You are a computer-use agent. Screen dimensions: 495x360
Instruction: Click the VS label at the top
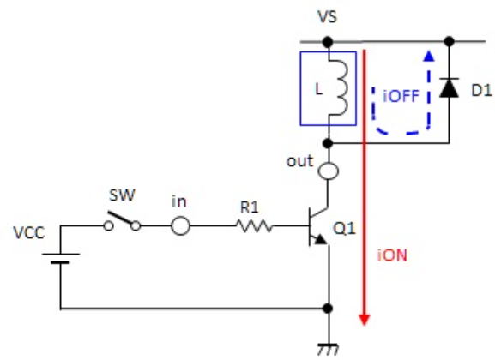click(328, 17)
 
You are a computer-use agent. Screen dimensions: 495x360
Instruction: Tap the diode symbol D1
click(449, 87)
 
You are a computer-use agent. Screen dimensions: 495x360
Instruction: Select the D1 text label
click(481, 91)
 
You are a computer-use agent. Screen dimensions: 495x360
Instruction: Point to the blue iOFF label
click(401, 96)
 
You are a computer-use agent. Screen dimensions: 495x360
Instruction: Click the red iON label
click(392, 255)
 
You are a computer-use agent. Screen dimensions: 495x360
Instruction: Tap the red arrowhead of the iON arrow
click(365, 320)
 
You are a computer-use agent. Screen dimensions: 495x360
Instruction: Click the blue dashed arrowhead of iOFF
click(428, 56)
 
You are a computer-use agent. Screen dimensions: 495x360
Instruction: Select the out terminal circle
click(329, 171)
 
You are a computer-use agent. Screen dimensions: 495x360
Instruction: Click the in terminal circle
click(180, 226)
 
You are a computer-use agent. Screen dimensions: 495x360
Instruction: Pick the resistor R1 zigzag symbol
click(255, 226)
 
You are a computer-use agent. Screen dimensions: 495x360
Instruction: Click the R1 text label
click(250, 207)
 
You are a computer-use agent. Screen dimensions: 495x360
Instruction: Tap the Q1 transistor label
click(345, 228)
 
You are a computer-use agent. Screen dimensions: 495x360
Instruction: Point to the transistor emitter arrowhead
click(321, 239)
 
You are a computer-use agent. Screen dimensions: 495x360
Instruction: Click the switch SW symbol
click(122, 221)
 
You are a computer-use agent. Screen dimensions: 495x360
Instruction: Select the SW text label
click(122, 195)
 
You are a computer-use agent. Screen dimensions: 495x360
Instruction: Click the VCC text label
click(29, 233)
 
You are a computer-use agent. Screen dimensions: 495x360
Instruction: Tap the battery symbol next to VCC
click(60, 258)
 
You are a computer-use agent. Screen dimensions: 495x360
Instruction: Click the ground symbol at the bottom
click(329, 350)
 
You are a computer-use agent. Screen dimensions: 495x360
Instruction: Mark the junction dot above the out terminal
click(329, 143)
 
